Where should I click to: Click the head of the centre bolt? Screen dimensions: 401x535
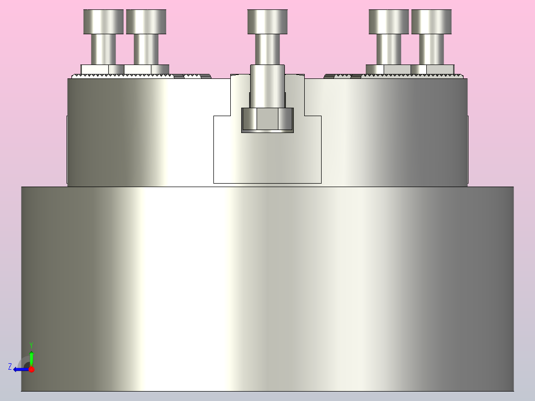coord(267,21)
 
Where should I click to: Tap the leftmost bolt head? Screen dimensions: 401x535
coord(103,21)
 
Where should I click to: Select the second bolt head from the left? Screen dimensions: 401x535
coord(146,21)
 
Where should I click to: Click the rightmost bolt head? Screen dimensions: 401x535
coord(431,21)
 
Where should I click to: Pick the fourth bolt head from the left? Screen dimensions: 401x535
coord(389,21)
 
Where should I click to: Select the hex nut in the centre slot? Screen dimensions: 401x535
coord(267,120)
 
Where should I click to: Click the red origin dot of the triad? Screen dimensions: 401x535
coord(31,369)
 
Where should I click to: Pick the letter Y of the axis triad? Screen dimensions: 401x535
coord(31,344)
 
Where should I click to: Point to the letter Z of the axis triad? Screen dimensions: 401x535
coord(10,367)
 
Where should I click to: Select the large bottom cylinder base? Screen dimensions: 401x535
coord(267,288)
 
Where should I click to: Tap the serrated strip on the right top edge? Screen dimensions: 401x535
coord(412,76)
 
